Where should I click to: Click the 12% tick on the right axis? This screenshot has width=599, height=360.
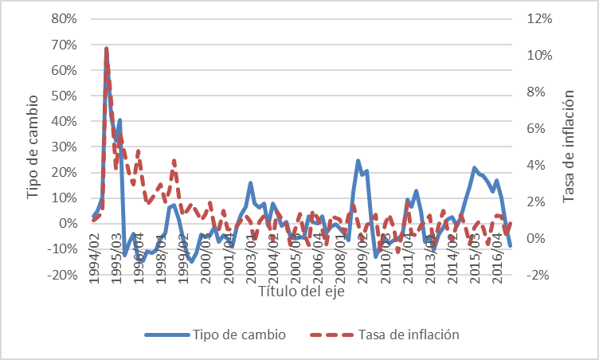point(538,18)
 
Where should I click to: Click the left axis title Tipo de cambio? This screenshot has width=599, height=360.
point(33,147)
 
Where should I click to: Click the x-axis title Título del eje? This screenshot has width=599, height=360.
point(302,292)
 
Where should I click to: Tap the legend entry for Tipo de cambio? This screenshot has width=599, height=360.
point(230,334)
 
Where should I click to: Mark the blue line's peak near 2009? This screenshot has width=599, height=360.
point(358,161)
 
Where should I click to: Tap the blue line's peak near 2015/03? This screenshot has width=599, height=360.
point(474,168)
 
